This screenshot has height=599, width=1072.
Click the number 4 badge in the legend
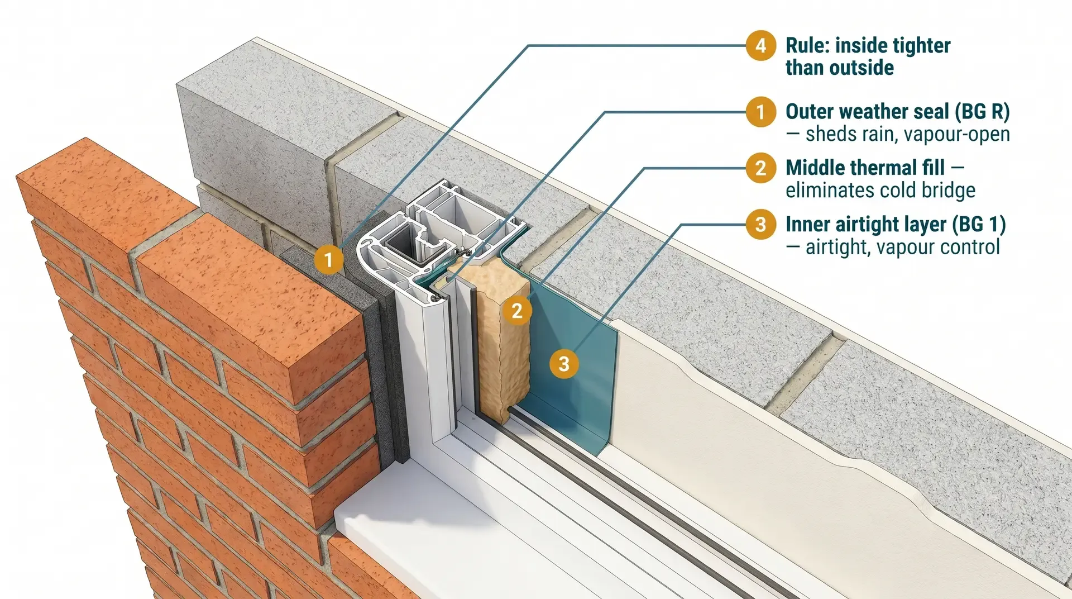tap(760, 45)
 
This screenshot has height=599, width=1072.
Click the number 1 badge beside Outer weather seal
tap(760, 112)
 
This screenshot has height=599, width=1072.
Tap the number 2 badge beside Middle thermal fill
tap(760, 168)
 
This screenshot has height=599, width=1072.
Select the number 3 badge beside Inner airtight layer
tap(760, 224)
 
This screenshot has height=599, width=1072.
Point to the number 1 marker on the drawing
tap(328, 259)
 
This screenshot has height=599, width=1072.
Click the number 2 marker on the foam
tap(517, 311)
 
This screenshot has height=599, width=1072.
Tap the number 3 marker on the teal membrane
tap(564, 364)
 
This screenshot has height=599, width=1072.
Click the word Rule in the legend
tap(807, 45)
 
